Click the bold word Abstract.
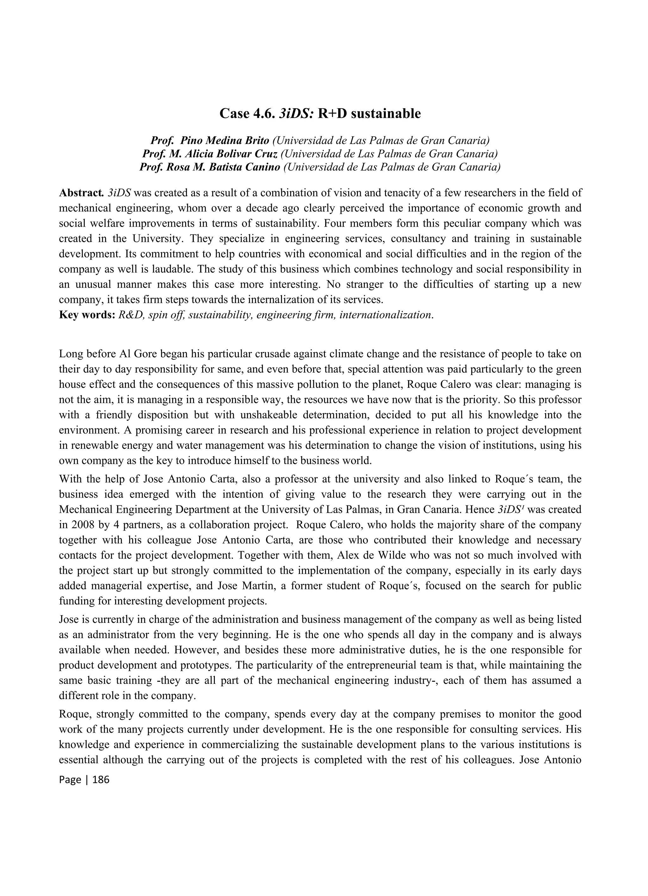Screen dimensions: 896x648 (81, 193)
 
